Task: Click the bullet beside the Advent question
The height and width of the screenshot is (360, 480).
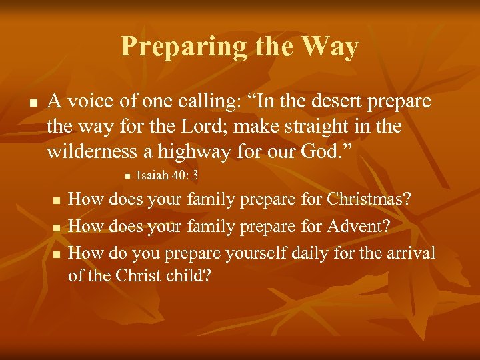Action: [57, 228]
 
